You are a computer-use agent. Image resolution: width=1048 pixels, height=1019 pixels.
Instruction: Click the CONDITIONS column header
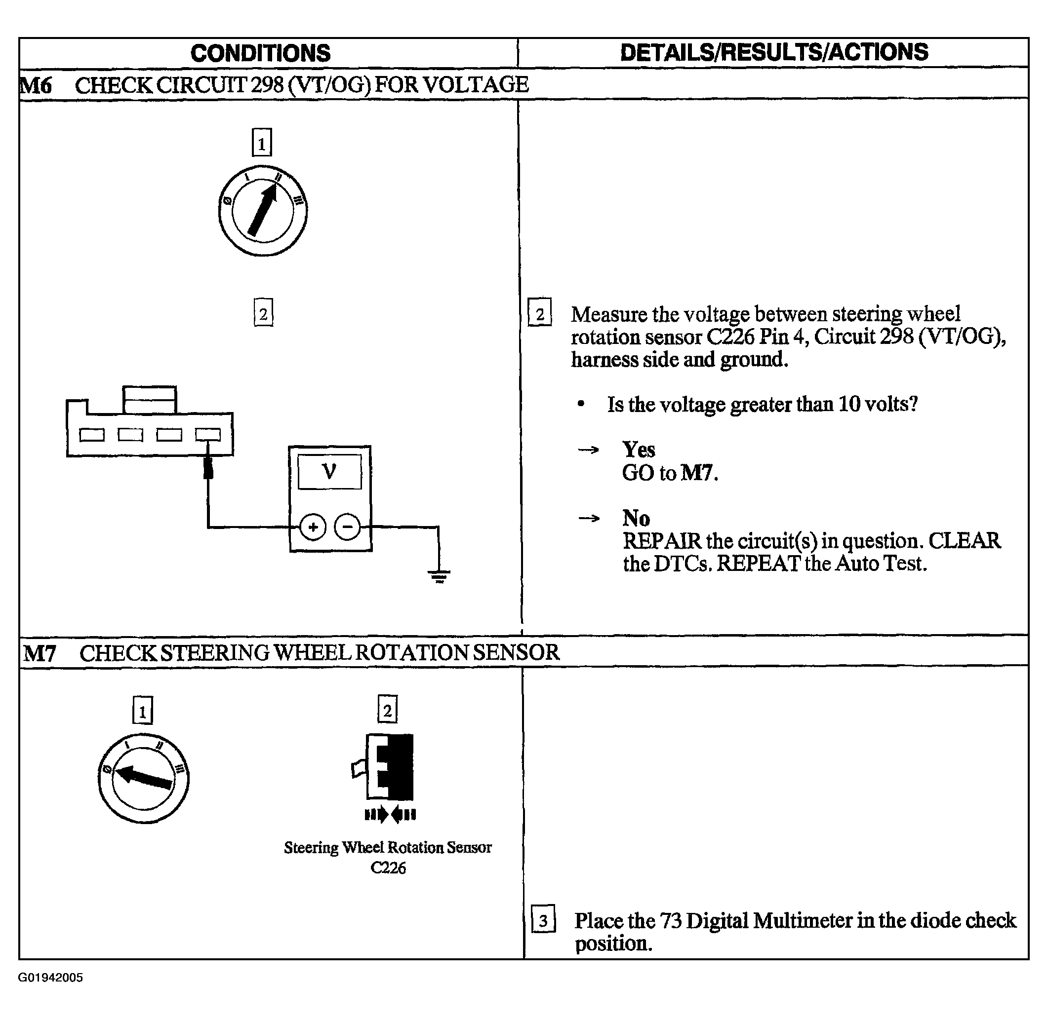(260, 53)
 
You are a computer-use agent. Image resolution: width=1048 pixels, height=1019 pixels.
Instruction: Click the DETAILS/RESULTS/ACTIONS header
(774, 52)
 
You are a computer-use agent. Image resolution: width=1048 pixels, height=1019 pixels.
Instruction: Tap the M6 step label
(36, 85)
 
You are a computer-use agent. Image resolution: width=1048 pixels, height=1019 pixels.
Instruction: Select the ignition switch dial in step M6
(263, 210)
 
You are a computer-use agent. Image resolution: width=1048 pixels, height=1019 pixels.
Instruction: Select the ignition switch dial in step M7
(144, 778)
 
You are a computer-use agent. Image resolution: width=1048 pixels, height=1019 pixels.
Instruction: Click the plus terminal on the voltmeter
(313, 527)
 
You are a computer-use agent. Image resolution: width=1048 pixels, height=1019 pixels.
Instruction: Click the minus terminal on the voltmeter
(348, 527)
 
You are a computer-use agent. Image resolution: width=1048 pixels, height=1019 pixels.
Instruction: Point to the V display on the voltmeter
(330, 471)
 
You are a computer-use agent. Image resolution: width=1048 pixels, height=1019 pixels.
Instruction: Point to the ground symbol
(439, 577)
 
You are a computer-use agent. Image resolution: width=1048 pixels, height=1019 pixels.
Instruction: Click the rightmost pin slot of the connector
(208, 435)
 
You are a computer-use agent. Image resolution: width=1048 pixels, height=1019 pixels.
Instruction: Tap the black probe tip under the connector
(208, 467)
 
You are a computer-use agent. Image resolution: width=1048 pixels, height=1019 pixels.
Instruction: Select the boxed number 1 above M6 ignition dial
(262, 142)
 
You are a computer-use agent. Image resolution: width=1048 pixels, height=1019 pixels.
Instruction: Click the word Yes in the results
(639, 450)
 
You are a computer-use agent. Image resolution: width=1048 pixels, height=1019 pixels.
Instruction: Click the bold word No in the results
(636, 518)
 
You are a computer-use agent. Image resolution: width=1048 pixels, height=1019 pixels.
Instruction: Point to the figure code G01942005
(50, 978)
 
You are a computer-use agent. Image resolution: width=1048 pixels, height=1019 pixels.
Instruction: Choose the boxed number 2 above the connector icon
(387, 710)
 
